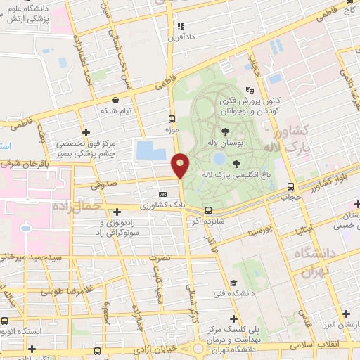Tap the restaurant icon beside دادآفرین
tap(179, 26)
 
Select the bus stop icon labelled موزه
tap(172, 119)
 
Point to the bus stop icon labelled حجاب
tap(290, 186)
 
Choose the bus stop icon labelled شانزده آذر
tap(207, 210)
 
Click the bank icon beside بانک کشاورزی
tap(163, 195)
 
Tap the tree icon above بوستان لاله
tap(224, 131)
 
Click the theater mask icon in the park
tap(250, 90)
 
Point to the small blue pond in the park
tap(219, 158)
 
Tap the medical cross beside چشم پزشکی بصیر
tap(86, 131)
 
